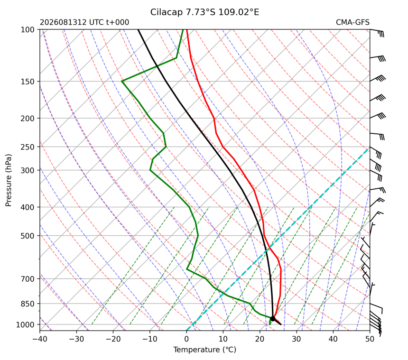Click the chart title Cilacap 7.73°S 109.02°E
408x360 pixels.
click(204, 12)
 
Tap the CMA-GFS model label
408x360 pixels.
click(352, 22)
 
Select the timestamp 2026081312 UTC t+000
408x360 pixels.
click(84, 22)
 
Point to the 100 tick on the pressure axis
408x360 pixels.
click(28, 30)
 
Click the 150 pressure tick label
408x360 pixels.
click(28, 82)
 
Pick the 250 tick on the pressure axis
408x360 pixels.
click(28, 147)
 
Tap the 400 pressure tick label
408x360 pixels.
click(28, 207)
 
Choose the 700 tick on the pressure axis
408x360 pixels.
click(28, 279)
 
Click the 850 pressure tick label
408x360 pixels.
click(28, 304)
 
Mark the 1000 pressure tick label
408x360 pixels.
click(26, 324)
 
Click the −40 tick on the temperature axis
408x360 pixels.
click(40, 339)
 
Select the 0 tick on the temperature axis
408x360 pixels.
click(186, 339)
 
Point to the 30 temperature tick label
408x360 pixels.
click(297, 339)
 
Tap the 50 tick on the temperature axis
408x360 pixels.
click(370, 339)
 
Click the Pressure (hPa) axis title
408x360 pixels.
click(9, 180)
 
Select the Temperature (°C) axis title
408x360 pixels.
click(205, 350)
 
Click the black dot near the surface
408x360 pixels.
click(273, 319)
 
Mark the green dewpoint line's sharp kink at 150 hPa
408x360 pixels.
click(122, 82)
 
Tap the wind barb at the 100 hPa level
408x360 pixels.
click(377, 33)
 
